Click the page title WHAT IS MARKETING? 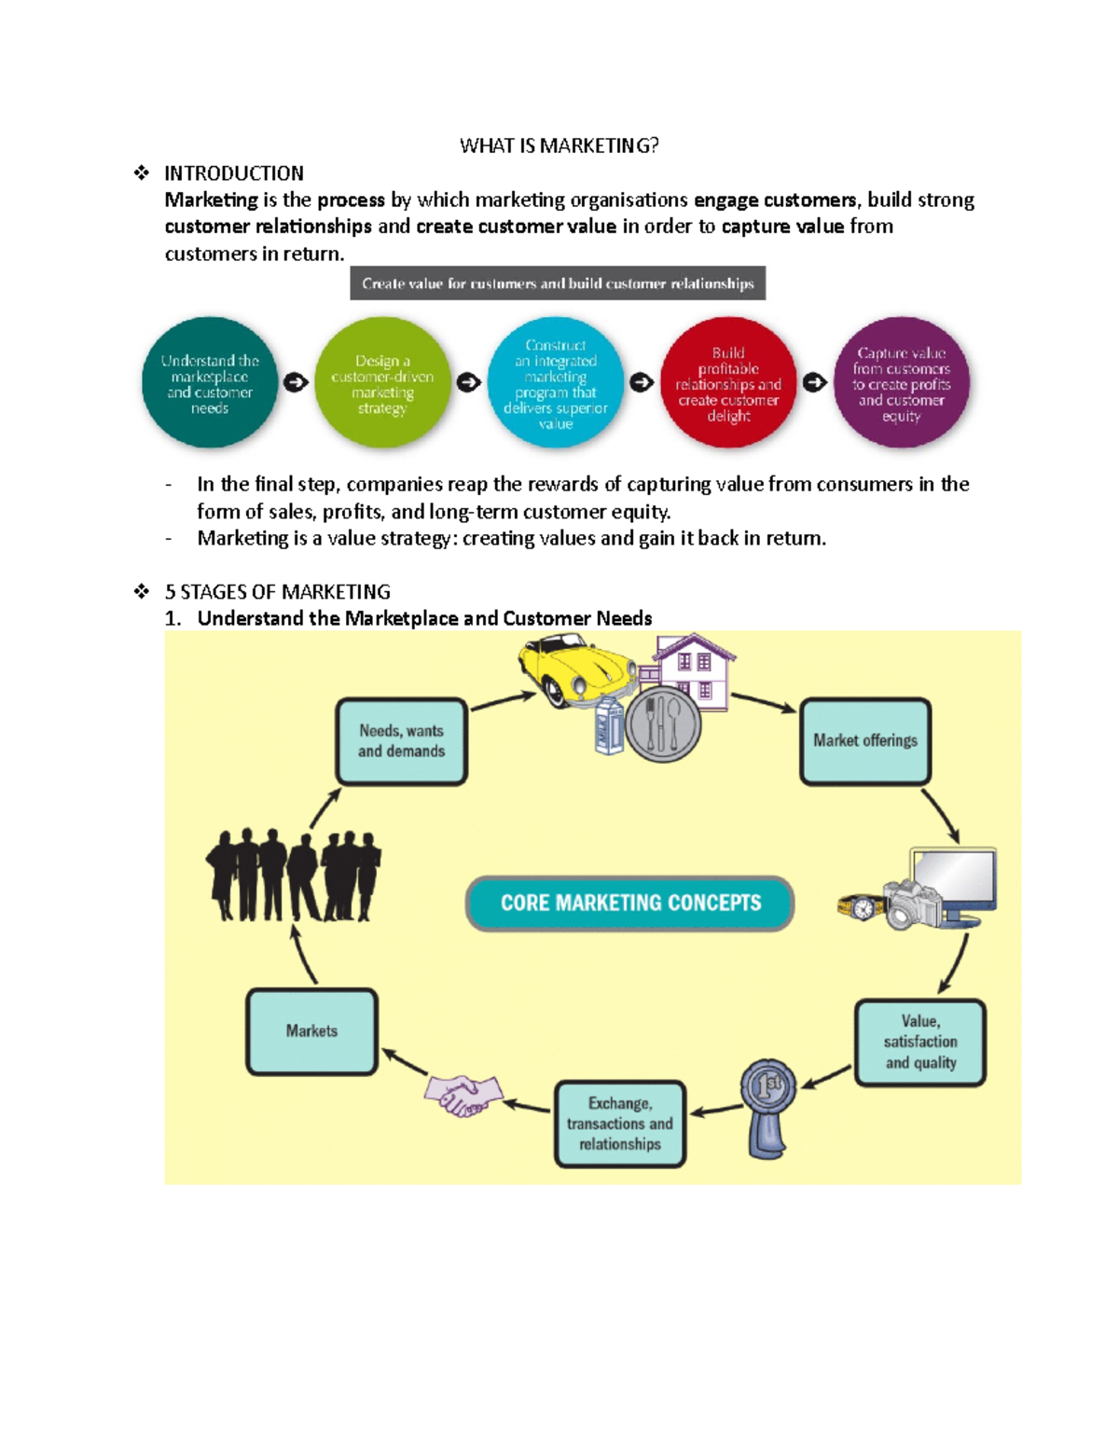[x=559, y=145]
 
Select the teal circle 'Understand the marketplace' [x=210, y=382]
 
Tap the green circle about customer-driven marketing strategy [x=382, y=382]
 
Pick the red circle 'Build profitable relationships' [x=728, y=382]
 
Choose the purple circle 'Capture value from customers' [x=902, y=382]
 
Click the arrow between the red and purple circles [x=815, y=382]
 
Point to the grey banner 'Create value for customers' [x=558, y=283]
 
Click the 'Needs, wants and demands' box [x=401, y=741]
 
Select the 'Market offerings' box [x=865, y=741]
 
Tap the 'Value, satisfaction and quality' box [x=920, y=1042]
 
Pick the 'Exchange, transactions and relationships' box [x=620, y=1124]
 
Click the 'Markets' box [x=311, y=1031]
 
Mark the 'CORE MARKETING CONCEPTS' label [x=629, y=903]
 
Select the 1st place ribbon [x=768, y=1109]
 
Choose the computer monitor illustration [x=954, y=884]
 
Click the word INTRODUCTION [x=234, y=173]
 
